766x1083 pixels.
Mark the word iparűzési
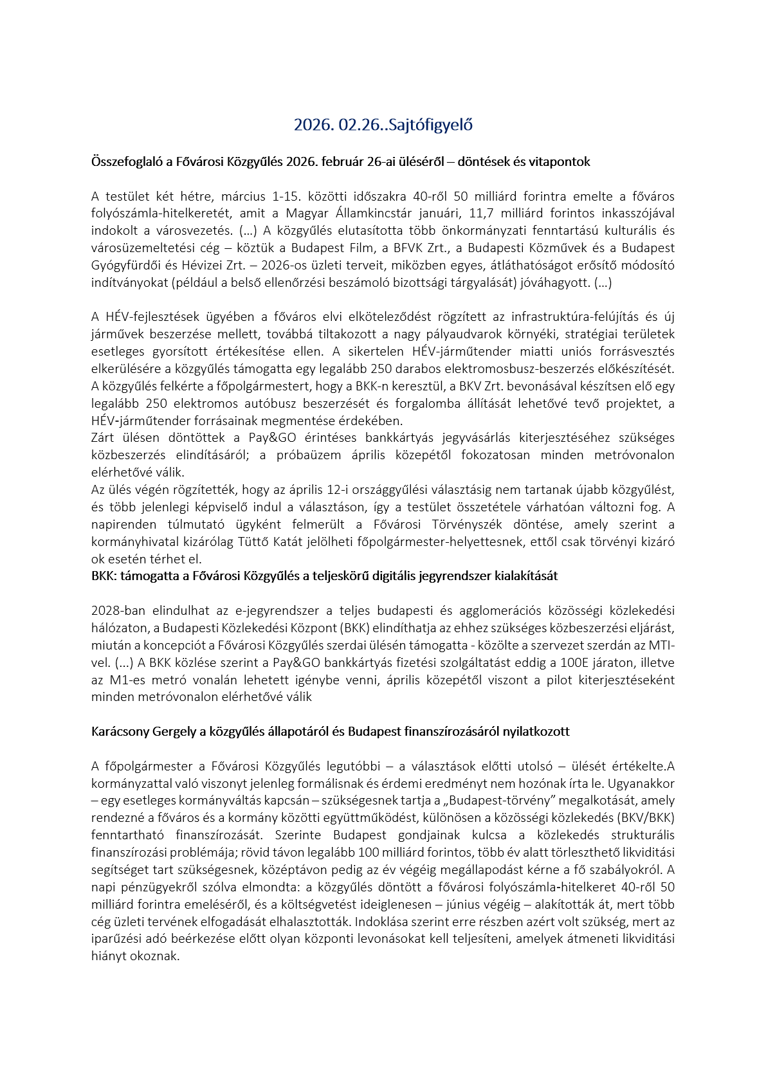tap(118, 939)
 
